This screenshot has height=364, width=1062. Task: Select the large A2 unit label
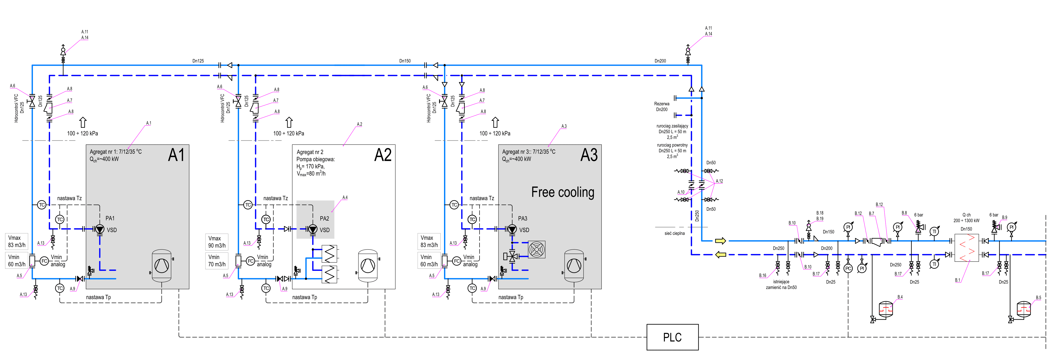[383, 155]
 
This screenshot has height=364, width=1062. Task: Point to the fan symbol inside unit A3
[536, 249]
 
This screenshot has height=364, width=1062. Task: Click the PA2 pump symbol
[313, 229]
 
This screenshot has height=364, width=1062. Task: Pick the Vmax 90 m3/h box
[216, 242]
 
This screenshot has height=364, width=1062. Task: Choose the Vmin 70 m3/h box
[216, 260]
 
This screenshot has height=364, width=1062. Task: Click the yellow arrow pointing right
[720, 241]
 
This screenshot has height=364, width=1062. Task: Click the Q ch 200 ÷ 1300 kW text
[966, 218]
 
